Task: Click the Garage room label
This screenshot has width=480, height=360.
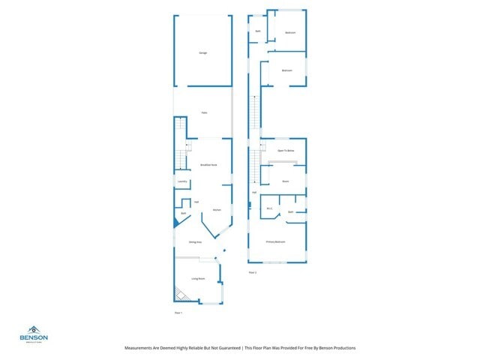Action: pos(202,52)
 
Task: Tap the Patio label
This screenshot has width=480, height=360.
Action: pos(203,113)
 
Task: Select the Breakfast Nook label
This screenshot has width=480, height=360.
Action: pos(208,165)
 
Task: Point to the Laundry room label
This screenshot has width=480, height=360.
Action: pos(181,182)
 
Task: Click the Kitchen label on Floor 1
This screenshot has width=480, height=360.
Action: pos(216,210)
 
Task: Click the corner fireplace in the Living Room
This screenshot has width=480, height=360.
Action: pos(180,295)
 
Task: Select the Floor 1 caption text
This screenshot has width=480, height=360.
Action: pos(178,311)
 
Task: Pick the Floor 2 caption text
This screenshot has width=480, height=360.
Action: pos(253,272)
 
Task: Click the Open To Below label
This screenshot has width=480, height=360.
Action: pos(286,151)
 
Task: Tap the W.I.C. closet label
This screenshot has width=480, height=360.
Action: pos(269,208)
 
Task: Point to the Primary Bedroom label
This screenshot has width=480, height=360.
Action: pos(275,242)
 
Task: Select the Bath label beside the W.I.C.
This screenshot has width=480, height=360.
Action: pos(291,212)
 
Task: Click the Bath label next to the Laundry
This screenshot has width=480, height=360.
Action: pos(183,213)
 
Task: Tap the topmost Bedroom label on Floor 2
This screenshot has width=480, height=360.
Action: pos(290,32)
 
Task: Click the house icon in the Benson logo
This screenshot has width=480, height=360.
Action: pos(34,330)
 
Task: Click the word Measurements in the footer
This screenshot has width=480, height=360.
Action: pos(142,348)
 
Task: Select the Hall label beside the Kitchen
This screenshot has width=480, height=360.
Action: pos(196,202)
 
